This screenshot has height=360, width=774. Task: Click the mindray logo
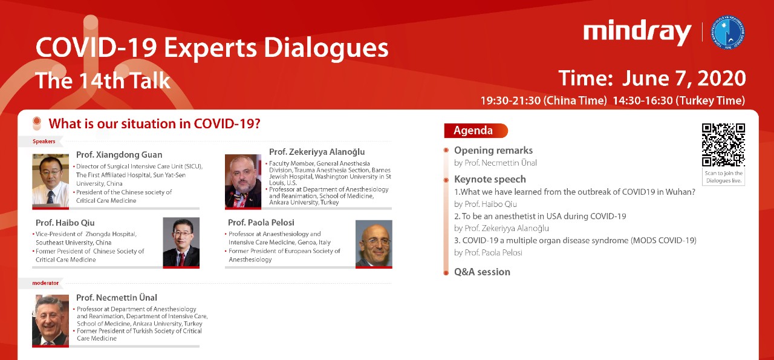click(637, 33)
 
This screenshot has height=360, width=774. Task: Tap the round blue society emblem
click(727, 33)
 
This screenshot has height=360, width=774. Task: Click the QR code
click(723, 145)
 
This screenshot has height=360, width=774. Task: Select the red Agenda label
click(476, 130)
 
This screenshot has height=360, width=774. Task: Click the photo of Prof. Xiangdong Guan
click(50, 182)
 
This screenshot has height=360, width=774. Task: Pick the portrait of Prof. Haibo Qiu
click(181, 243)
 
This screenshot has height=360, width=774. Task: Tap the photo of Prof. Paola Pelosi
click(374, 244)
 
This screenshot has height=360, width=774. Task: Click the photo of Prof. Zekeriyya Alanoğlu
click(243, 182)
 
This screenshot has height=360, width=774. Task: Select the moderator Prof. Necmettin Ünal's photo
click(50, 321)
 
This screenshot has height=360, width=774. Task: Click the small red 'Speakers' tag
click(44, 142)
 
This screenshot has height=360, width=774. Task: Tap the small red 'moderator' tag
click(45, 283)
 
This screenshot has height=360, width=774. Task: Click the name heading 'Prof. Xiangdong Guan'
click(119, 154)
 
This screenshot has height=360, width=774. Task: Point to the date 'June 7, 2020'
click(684, 79)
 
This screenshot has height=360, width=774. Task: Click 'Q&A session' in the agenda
click(482, 272)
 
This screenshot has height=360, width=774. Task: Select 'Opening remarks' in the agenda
click(493, 151)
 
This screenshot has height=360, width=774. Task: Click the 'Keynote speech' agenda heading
click(490, 179)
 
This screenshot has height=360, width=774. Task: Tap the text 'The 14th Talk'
click(103, 80)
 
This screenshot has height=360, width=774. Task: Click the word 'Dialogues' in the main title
click(326, 48)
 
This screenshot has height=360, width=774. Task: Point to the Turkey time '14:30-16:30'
click(643, 100)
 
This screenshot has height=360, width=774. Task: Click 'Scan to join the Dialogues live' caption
click(724, 177)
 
